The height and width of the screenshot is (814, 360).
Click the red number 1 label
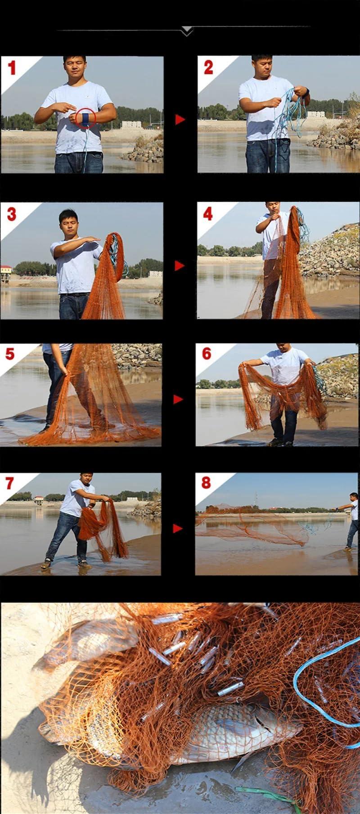[x=12, y=68]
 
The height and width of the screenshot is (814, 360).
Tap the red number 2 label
[x=208, y=68]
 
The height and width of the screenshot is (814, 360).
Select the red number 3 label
[x=12, y=214]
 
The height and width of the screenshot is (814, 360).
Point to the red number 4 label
[x=208, y=213]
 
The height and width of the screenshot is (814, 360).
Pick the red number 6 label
[x=207, y=353]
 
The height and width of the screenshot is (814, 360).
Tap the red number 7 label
[x=10, y=483]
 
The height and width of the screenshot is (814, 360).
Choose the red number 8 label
[x=206, y=483]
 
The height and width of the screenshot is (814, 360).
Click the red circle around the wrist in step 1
[x=85, y=118]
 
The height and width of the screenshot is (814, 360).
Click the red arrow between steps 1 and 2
[x=180, y=119]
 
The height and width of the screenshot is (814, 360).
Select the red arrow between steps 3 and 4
[x=180, y=266]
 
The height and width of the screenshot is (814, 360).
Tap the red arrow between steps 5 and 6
[x=178, y=399]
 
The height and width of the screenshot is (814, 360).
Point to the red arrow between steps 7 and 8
[x=178, y=528]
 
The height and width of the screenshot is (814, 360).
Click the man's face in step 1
[x=74, y=67]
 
